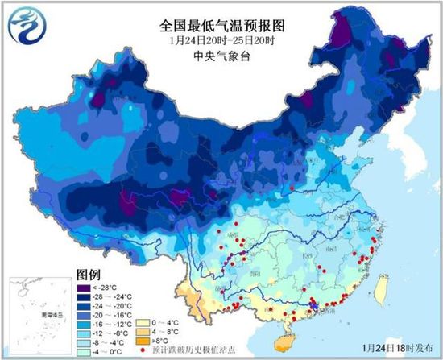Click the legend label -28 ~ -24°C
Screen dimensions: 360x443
point(110,296)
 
